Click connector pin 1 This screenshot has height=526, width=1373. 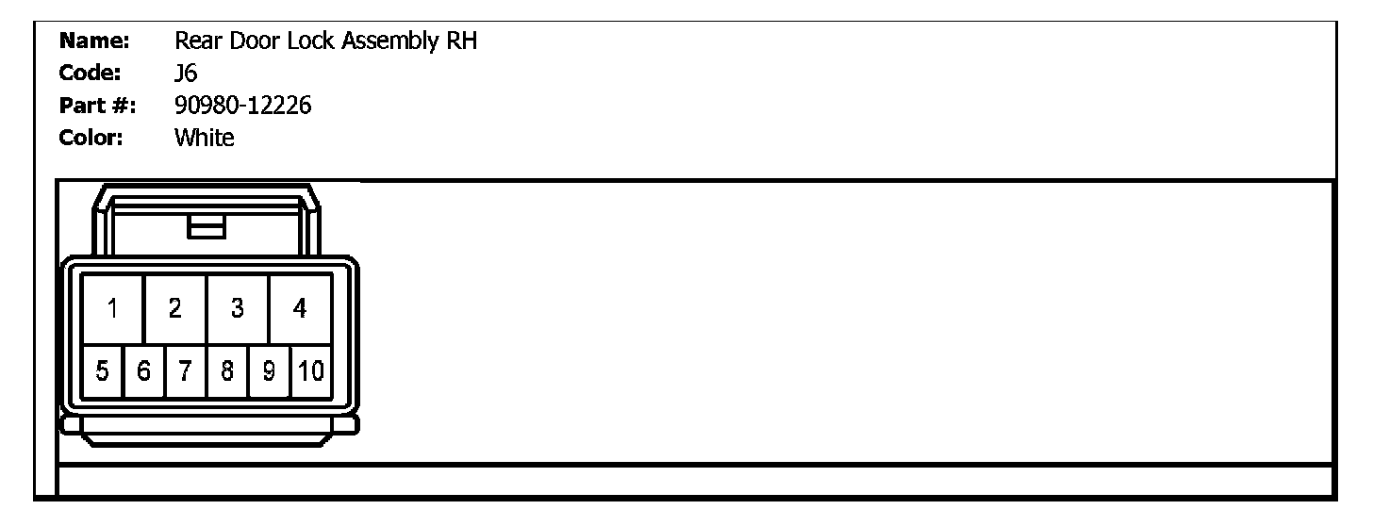point(112,308)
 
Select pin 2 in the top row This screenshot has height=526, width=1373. point(174,308)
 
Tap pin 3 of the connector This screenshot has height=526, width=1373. point(238,308)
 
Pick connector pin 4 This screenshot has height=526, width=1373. point(300,308)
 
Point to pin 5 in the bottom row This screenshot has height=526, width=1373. point(103,371)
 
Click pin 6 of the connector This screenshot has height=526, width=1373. point(144,371)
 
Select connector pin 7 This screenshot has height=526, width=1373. point(186,371)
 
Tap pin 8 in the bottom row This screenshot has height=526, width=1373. point(227,371)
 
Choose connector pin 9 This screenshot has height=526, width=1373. point(269,371)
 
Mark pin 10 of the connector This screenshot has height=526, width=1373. point(311,371)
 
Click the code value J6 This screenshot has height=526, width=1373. point(186,74)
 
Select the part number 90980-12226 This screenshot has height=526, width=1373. point(243,107)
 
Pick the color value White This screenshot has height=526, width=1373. point(205,139)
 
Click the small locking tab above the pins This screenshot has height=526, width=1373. point(206,227)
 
